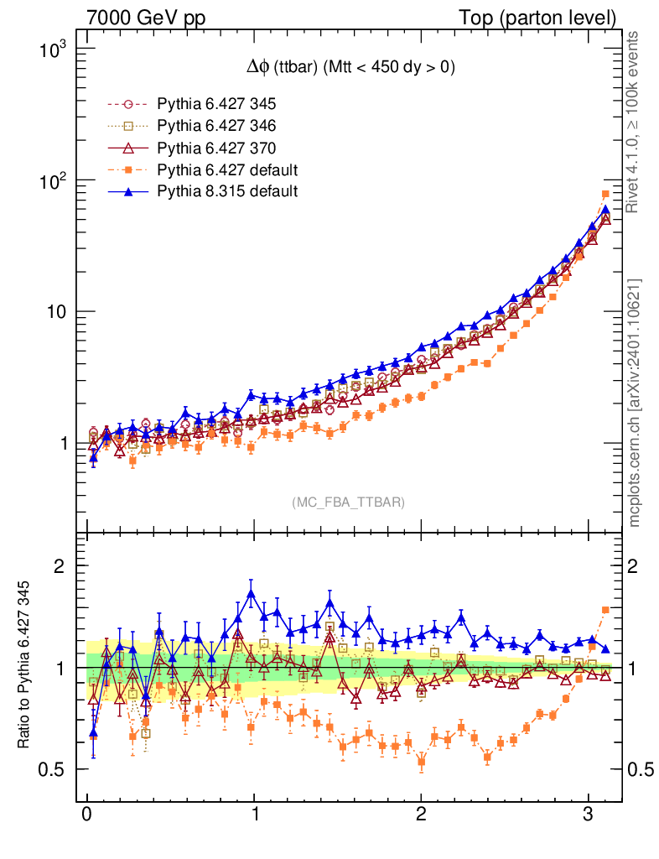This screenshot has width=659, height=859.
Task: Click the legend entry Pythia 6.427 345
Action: (x=216, y=105)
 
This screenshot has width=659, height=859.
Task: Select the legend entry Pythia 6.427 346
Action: (x=216, y=127)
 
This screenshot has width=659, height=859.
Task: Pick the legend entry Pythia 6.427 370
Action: (x=216, y=148)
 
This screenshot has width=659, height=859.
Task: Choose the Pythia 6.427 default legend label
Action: (x=227, y=170)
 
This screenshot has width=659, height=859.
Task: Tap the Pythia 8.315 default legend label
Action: (x=227, y=191)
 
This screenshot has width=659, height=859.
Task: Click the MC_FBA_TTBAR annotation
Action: (x=349, y=502)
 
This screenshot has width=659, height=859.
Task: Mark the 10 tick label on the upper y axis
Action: (x=56, y=312)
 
